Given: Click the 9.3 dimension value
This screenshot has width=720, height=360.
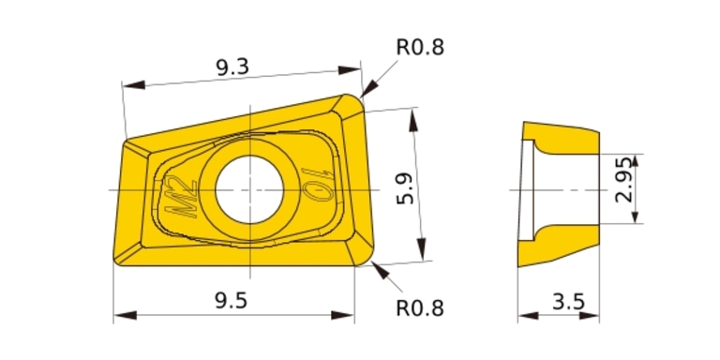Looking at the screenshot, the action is [x=232, y=67].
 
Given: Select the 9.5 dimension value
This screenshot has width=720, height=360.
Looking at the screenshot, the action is [x=231, y=301].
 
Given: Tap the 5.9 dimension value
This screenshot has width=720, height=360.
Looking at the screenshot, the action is [x=405, y=188].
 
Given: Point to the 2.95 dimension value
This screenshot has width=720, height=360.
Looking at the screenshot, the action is [x=624, y=180].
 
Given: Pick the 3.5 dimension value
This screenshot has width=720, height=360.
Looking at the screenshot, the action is [x=568, y=302].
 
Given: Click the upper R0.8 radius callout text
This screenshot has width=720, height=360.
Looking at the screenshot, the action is [x=420, y=47].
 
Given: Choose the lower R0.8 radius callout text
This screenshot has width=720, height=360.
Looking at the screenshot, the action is [x=420, y=308].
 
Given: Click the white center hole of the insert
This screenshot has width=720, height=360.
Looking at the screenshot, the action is [x=249, y=189].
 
